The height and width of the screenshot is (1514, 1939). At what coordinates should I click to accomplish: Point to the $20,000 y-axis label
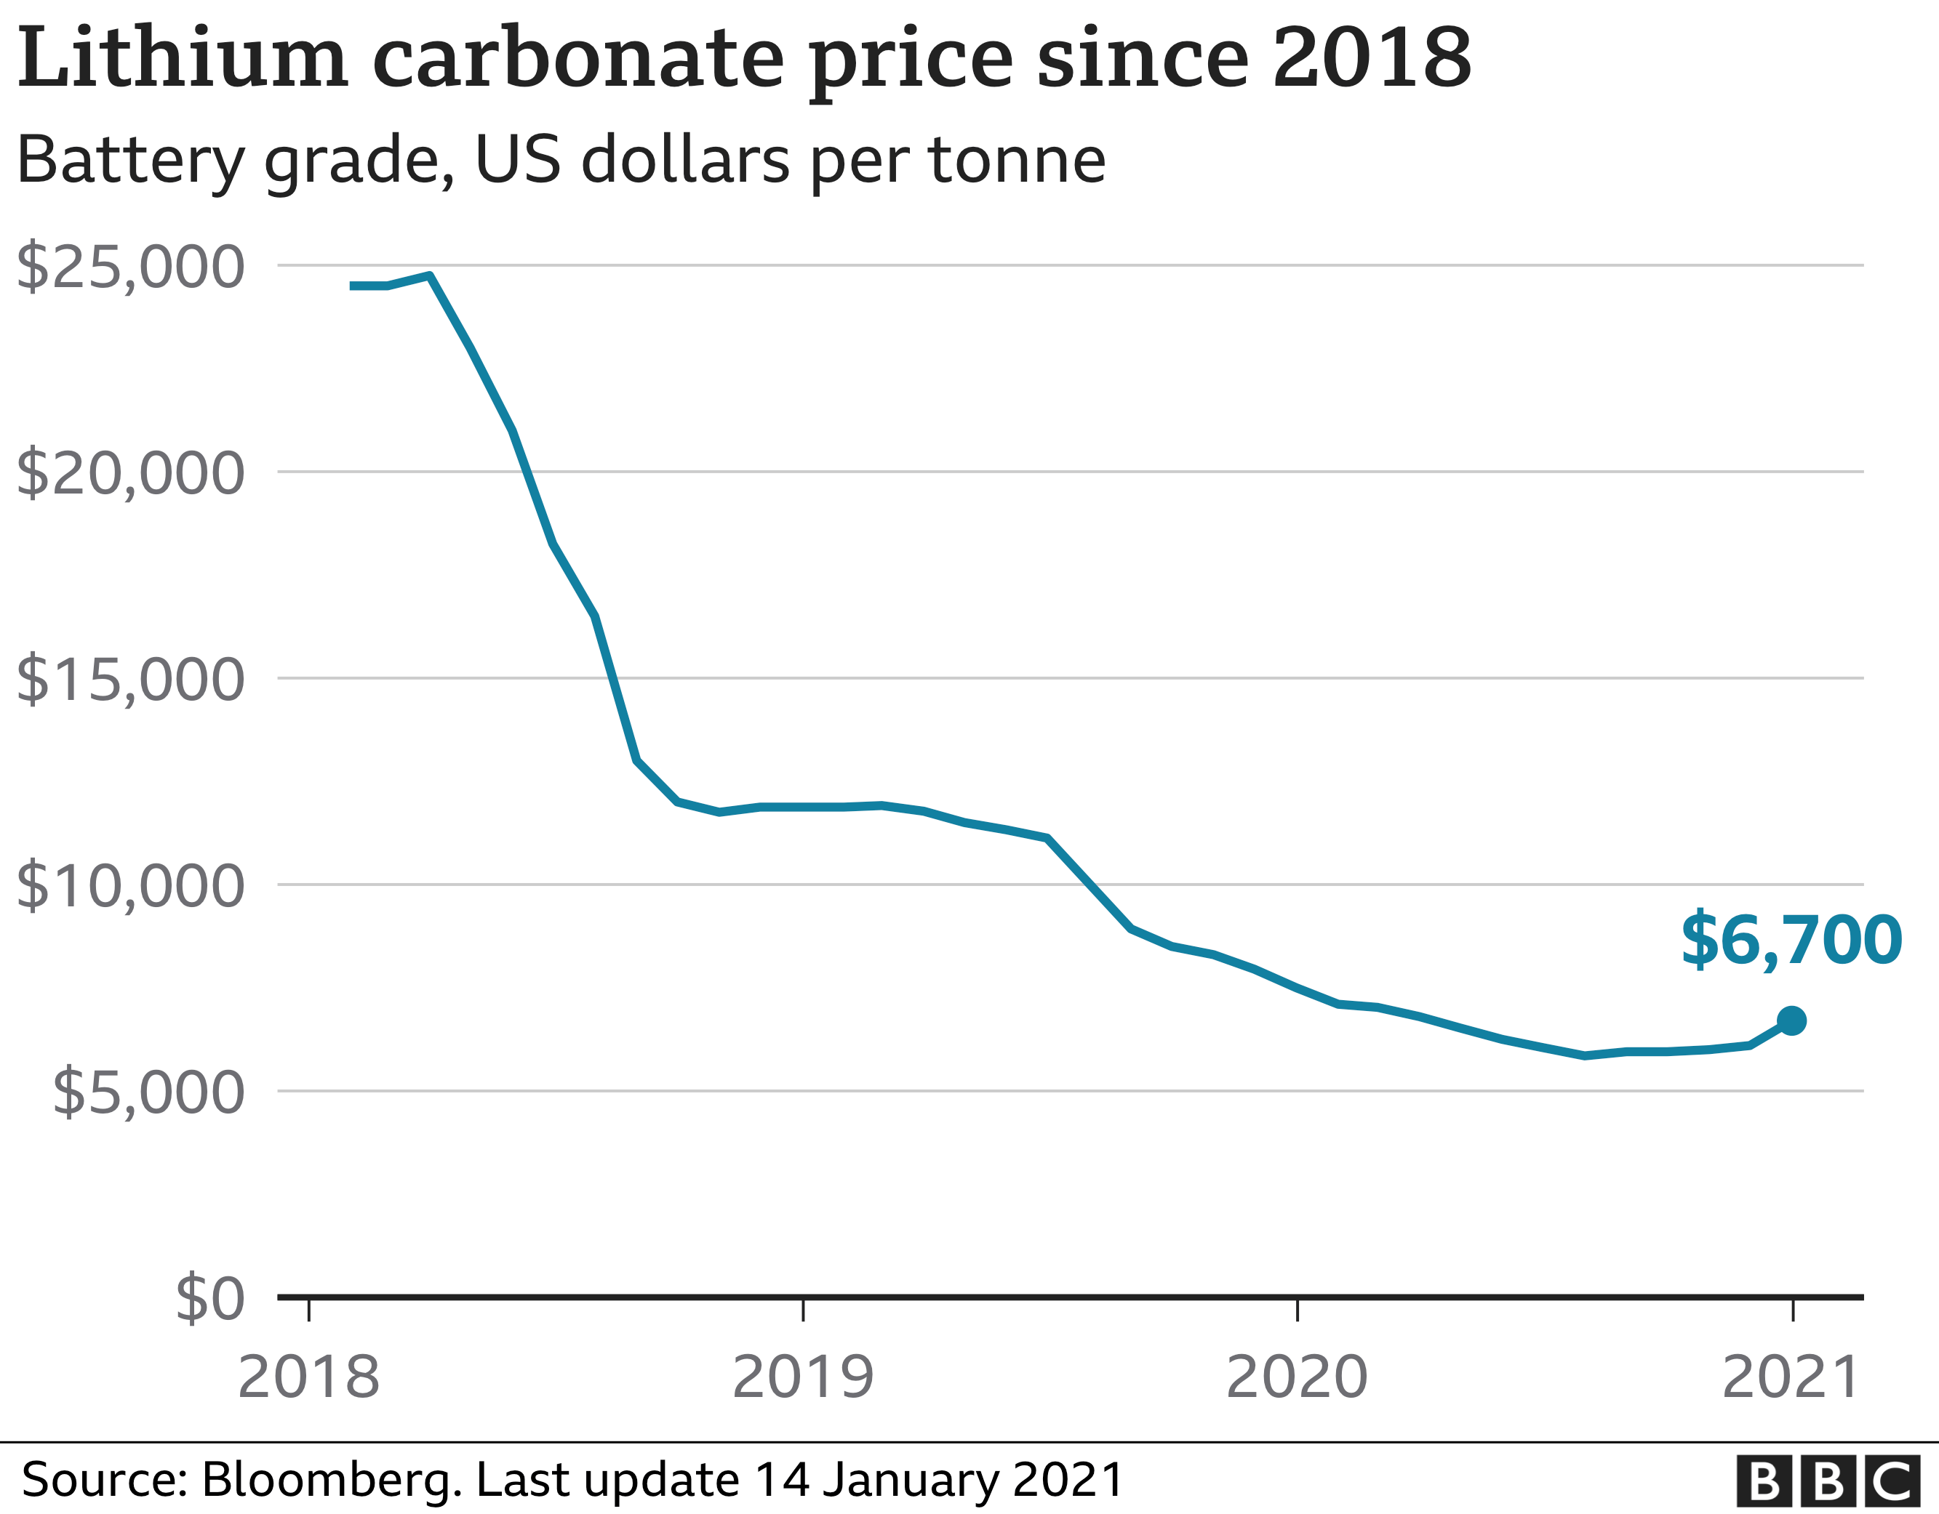tap(130, 474)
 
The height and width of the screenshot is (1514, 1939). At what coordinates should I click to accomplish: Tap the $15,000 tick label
tap(130, 680)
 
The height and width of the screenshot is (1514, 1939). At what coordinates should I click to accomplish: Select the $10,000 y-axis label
tap(130, 887)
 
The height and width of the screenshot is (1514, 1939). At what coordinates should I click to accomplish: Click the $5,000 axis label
tap(148, 1093)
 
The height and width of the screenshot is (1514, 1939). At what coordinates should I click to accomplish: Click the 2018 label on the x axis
tap(309, 1378)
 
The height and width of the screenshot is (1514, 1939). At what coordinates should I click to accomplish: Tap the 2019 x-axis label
tap(804, 1378)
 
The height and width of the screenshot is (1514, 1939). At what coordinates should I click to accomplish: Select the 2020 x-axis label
tap(1297, 1378)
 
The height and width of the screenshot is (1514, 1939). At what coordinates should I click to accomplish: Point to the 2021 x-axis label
tap(1791, 1378)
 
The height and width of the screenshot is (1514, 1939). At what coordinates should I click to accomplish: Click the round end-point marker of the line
tap(1791, 1021)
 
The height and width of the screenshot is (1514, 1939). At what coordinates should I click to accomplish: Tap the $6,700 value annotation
tap(1791, 941)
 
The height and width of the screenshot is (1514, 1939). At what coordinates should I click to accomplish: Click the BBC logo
tap(1835, 1481)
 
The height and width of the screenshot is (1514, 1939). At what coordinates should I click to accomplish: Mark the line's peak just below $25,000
tap(430, 276)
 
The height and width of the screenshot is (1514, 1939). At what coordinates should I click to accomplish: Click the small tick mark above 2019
tap(804, 1310)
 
